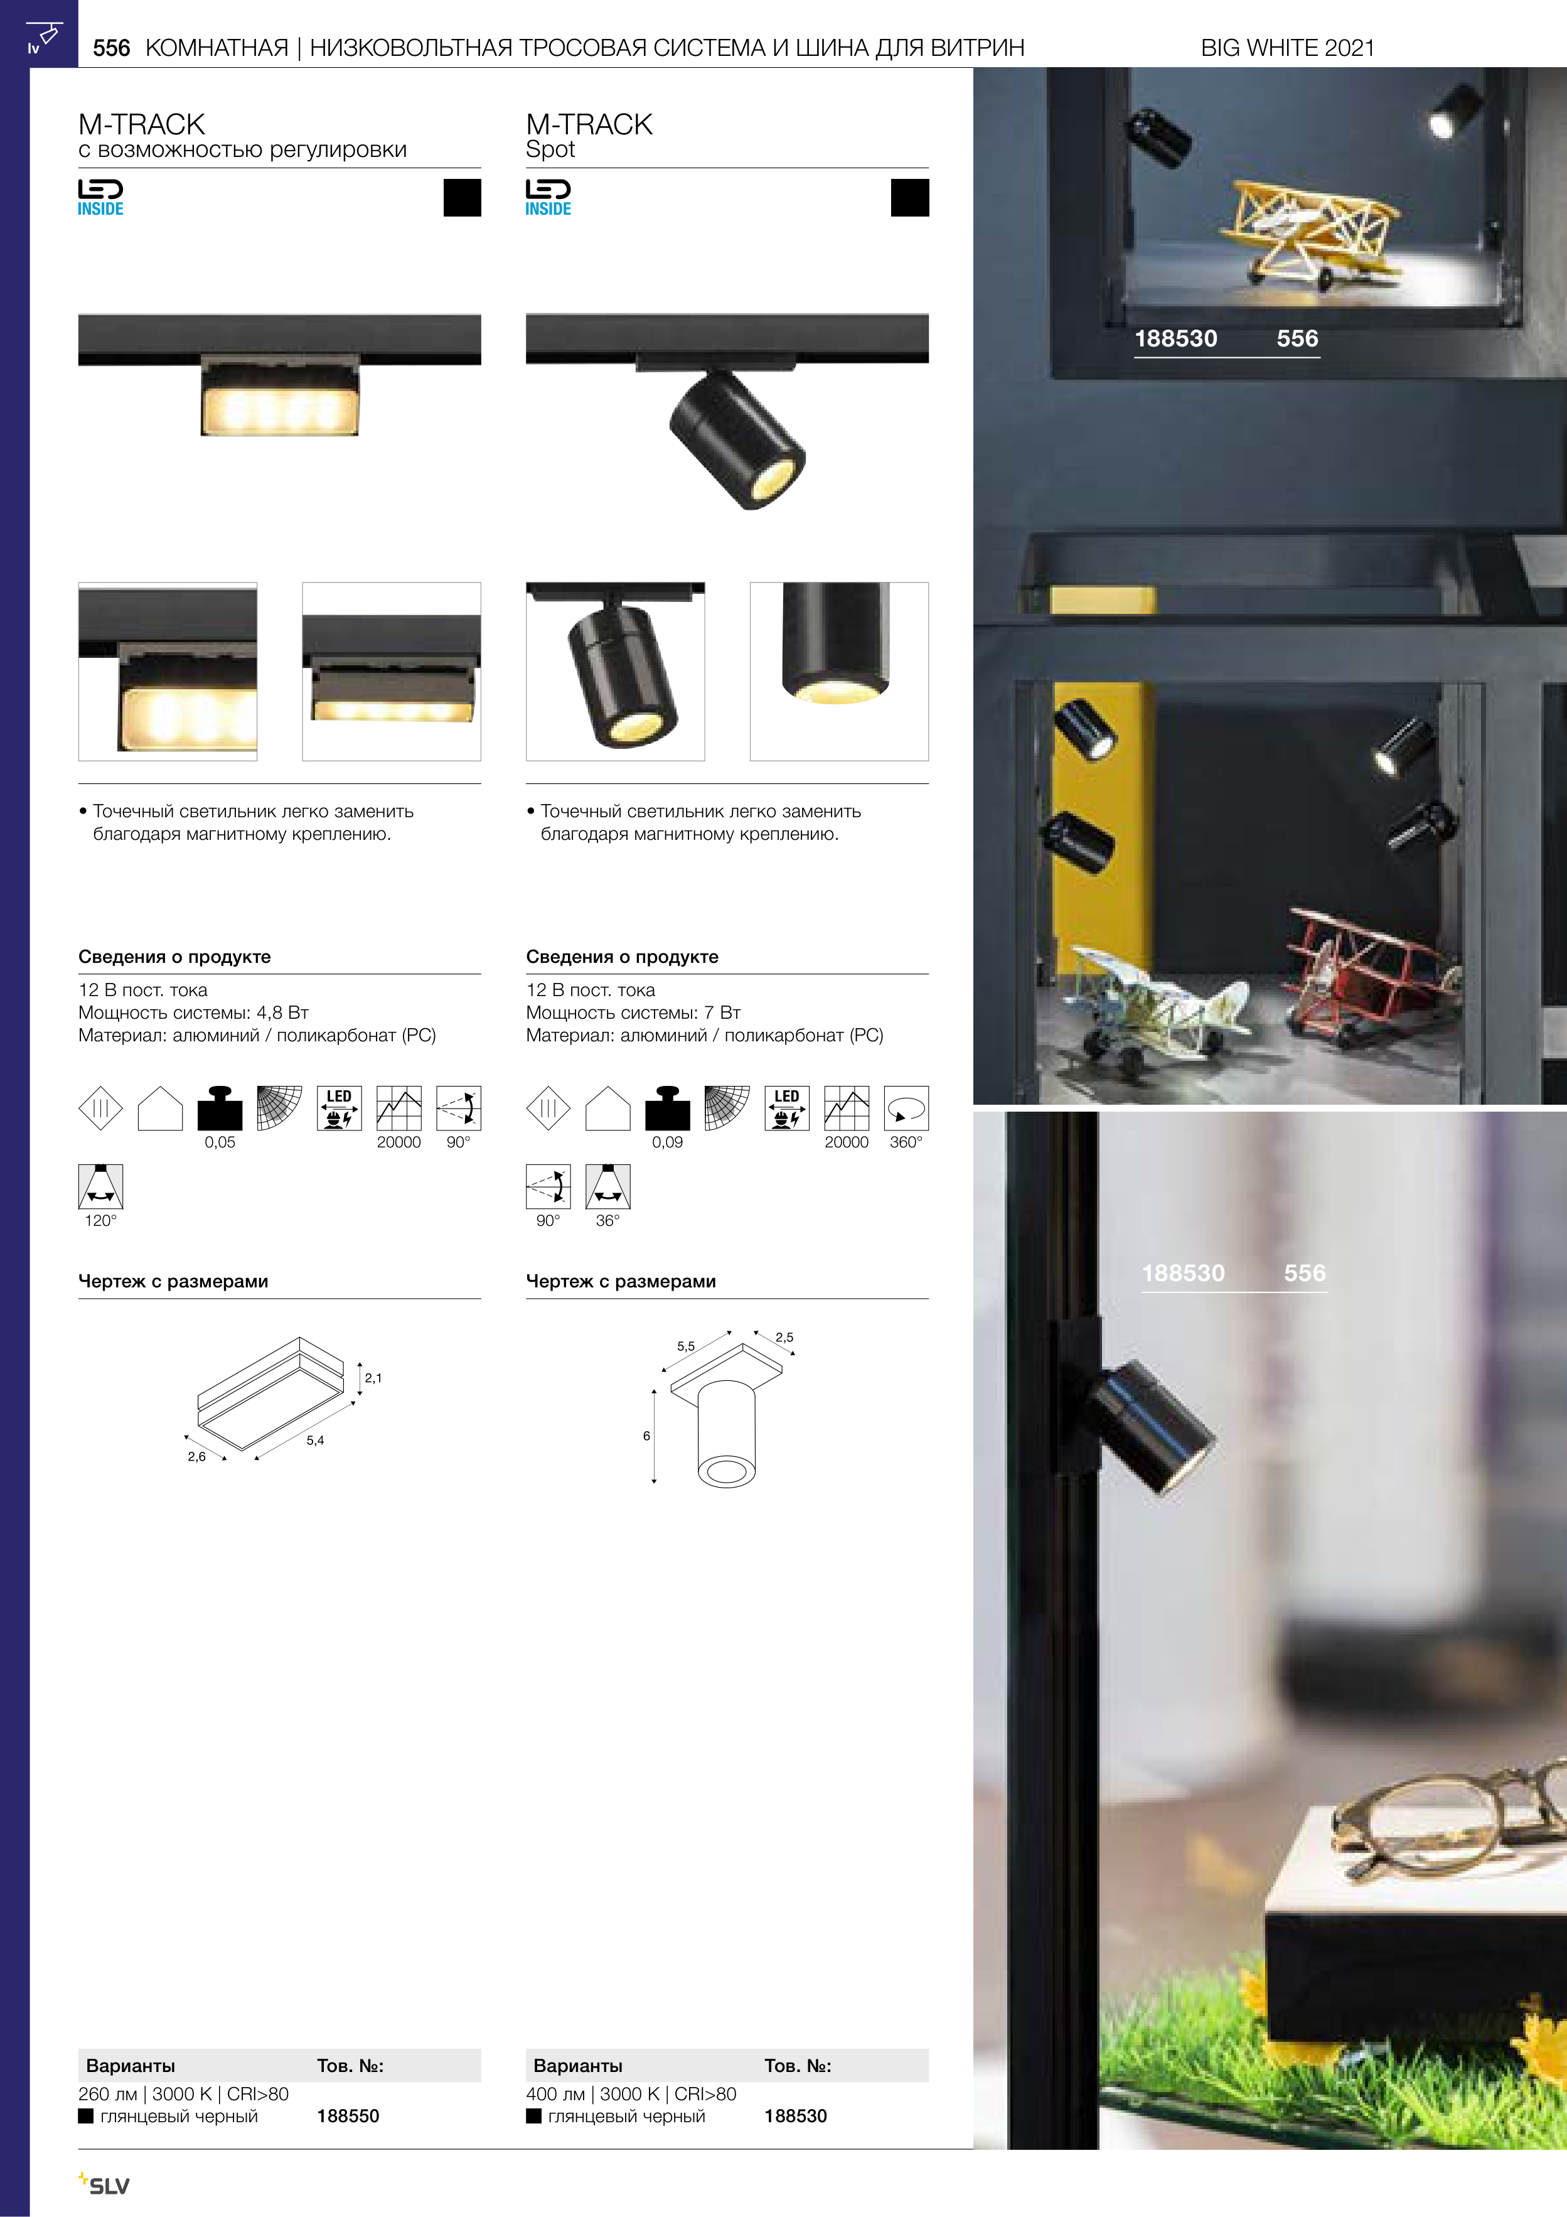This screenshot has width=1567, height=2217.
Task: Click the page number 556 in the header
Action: [x=111, y=48]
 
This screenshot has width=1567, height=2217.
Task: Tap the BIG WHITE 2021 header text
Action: [x=1287, y=48]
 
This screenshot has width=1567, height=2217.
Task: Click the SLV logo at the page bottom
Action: [x=104, y=2184]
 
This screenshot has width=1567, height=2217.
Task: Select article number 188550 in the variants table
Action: [x=348, y=2115]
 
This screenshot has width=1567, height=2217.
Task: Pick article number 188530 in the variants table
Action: [x=796, y=2115]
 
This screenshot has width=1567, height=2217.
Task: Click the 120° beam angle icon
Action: [x=100, y=1187]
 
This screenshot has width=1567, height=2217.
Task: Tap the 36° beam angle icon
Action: [x=608, y=1187]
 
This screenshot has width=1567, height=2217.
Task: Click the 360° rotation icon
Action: [x=906, y=1107]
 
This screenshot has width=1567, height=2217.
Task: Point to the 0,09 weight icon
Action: [x=667, y=1107]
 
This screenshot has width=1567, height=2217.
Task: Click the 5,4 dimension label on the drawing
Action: [x=315, y=1440]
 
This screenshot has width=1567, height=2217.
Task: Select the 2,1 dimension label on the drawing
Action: [x=373, y=1378]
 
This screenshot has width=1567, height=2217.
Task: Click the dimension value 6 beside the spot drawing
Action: [x=647, y=1436]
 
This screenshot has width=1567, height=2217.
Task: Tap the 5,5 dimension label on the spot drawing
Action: [x=685, y=1346]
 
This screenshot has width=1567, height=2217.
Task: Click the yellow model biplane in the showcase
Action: [x=1308, y=228]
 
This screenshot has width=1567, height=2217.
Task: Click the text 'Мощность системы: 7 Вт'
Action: [x=633, y=1012]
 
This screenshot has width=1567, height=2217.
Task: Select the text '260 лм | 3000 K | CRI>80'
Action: [x=183, y=2093]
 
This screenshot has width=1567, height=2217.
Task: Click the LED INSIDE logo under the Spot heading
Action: [x=548, y=198]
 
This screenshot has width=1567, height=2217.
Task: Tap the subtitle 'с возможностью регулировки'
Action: [x=242, y=149]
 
